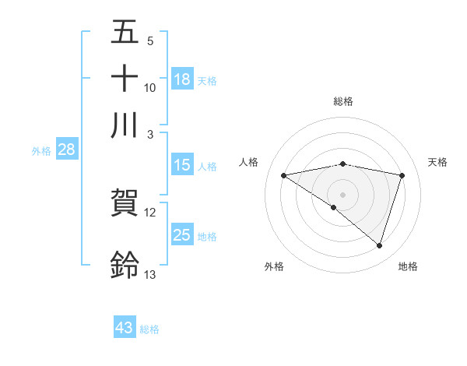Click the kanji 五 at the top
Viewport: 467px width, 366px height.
click(125, 33)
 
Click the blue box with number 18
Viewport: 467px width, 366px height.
click(182, 79)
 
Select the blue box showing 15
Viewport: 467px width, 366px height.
click(182, 165)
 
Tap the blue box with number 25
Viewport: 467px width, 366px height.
click(182, 235)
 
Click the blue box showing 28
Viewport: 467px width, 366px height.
click(66, 150)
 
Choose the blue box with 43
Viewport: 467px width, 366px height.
click(125, 328)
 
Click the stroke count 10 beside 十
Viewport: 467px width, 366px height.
click(150, 88)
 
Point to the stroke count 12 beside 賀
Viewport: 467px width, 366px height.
click(150, 212)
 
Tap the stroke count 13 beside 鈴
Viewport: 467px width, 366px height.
click(150, 274)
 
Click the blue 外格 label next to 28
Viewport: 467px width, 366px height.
click(41, 151)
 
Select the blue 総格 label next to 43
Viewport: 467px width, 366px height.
click(149, 329)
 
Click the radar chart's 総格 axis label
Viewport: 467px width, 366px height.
click(343, 101)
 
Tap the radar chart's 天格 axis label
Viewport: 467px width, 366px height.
click(437, 162)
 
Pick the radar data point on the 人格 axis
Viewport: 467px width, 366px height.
click(284, 175)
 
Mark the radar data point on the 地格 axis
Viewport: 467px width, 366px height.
click(379, 245)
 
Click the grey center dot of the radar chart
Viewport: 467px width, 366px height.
click(342, 194)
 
